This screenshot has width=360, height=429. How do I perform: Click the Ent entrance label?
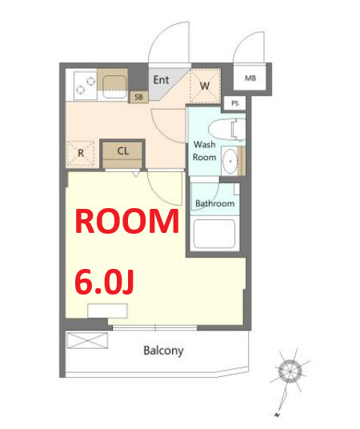point(161,80)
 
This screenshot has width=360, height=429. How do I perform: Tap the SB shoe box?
point(138,97)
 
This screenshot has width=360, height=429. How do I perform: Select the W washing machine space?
point(205,86)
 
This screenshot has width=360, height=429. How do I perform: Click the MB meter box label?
point(250,78)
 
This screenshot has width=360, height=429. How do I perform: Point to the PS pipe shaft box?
point(234,103)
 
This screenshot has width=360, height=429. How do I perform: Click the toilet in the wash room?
point(226,130)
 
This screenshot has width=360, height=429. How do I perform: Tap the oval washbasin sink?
point(230,161)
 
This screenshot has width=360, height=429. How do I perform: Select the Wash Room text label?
point(205,150)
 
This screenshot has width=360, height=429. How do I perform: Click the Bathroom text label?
point(214,203)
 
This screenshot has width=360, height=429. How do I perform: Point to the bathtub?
point(214,234)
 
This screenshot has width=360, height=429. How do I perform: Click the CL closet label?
point(123,150)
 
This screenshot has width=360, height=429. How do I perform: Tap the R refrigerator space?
point(81,153)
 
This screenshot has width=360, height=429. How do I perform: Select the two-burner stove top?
point(86,86)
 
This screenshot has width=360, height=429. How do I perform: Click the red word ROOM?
point(127,221)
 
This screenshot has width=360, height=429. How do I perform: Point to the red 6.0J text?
point(104,282)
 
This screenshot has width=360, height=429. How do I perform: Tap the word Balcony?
point(163,351)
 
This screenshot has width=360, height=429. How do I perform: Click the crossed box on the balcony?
point(87,340)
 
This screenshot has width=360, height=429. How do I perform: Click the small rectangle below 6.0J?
point(107,311)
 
